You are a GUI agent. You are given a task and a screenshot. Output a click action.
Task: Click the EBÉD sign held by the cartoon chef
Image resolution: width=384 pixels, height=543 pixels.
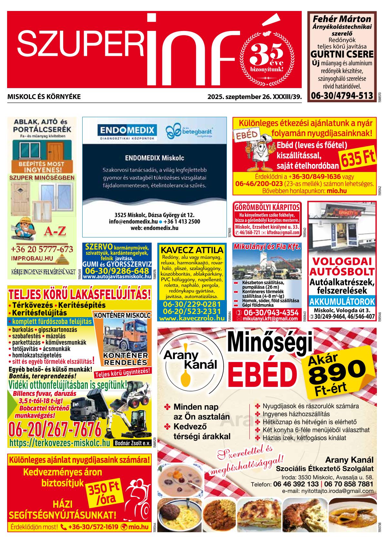pos(247,135)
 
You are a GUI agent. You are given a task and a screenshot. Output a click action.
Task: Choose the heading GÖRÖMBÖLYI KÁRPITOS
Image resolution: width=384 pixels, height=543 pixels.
pos(267,207)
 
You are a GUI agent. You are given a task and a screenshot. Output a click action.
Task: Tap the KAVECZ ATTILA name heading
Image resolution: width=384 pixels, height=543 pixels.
pos(192,250)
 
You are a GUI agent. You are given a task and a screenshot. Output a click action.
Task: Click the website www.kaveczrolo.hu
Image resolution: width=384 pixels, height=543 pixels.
pos(192,318)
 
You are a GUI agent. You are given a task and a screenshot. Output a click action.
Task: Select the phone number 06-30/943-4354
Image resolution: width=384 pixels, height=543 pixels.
pos(271,312)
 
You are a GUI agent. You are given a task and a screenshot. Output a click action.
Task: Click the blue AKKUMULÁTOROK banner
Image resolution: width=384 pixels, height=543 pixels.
pos(342,302)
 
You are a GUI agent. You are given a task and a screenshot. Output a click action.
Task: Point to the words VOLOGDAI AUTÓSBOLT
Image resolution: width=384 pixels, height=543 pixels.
pos(342,266)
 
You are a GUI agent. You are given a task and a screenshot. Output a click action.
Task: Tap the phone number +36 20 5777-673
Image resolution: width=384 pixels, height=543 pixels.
pos(42,249)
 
